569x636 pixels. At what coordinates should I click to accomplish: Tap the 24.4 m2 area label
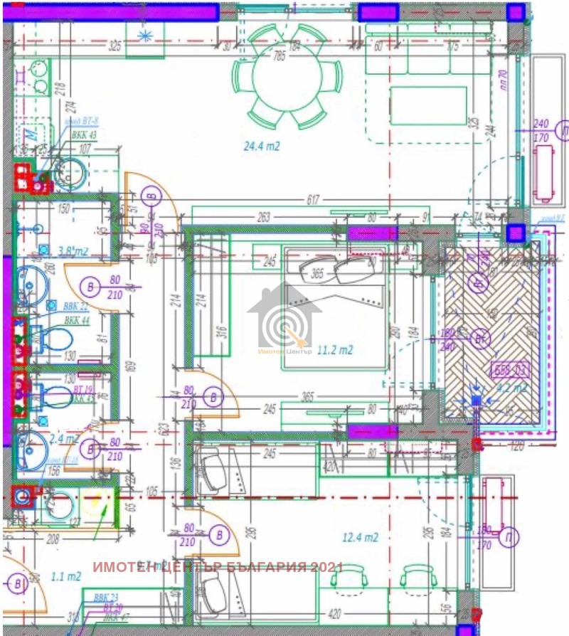point(261,147)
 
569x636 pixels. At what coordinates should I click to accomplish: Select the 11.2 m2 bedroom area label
point(335,349)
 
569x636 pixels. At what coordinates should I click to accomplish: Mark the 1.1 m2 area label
point(65,576)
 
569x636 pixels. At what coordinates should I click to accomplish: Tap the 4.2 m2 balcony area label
point(511,388)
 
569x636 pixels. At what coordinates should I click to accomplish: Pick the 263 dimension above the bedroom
point(265,218)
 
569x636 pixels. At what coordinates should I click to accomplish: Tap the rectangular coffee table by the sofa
point(427,105)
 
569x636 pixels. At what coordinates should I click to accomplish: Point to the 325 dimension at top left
point(115,46)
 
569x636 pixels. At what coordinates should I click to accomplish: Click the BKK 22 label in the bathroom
point(76,306)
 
